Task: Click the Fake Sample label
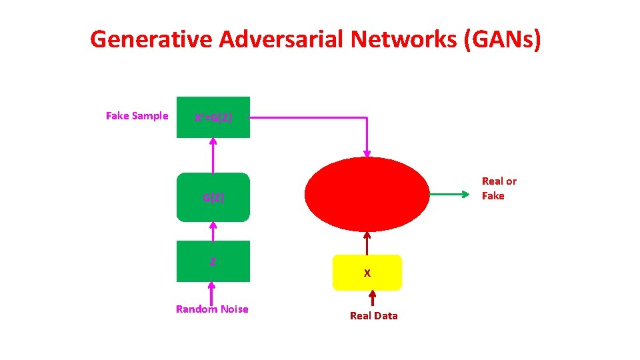[x=137, y=116]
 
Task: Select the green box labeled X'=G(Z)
[x=213, y=117]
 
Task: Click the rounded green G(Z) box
[x=213, y=197]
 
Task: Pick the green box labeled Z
[x=213, y=261]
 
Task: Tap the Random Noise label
[x=212, y=309]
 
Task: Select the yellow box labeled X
[x=367, y=273]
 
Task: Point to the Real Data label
[x=373, y=315]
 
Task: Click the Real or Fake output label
[x=499, y=188]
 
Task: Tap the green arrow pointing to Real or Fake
[x=453, y=195]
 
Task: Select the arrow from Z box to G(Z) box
[x=213, y=231]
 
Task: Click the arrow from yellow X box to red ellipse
[x=367, y=243]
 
